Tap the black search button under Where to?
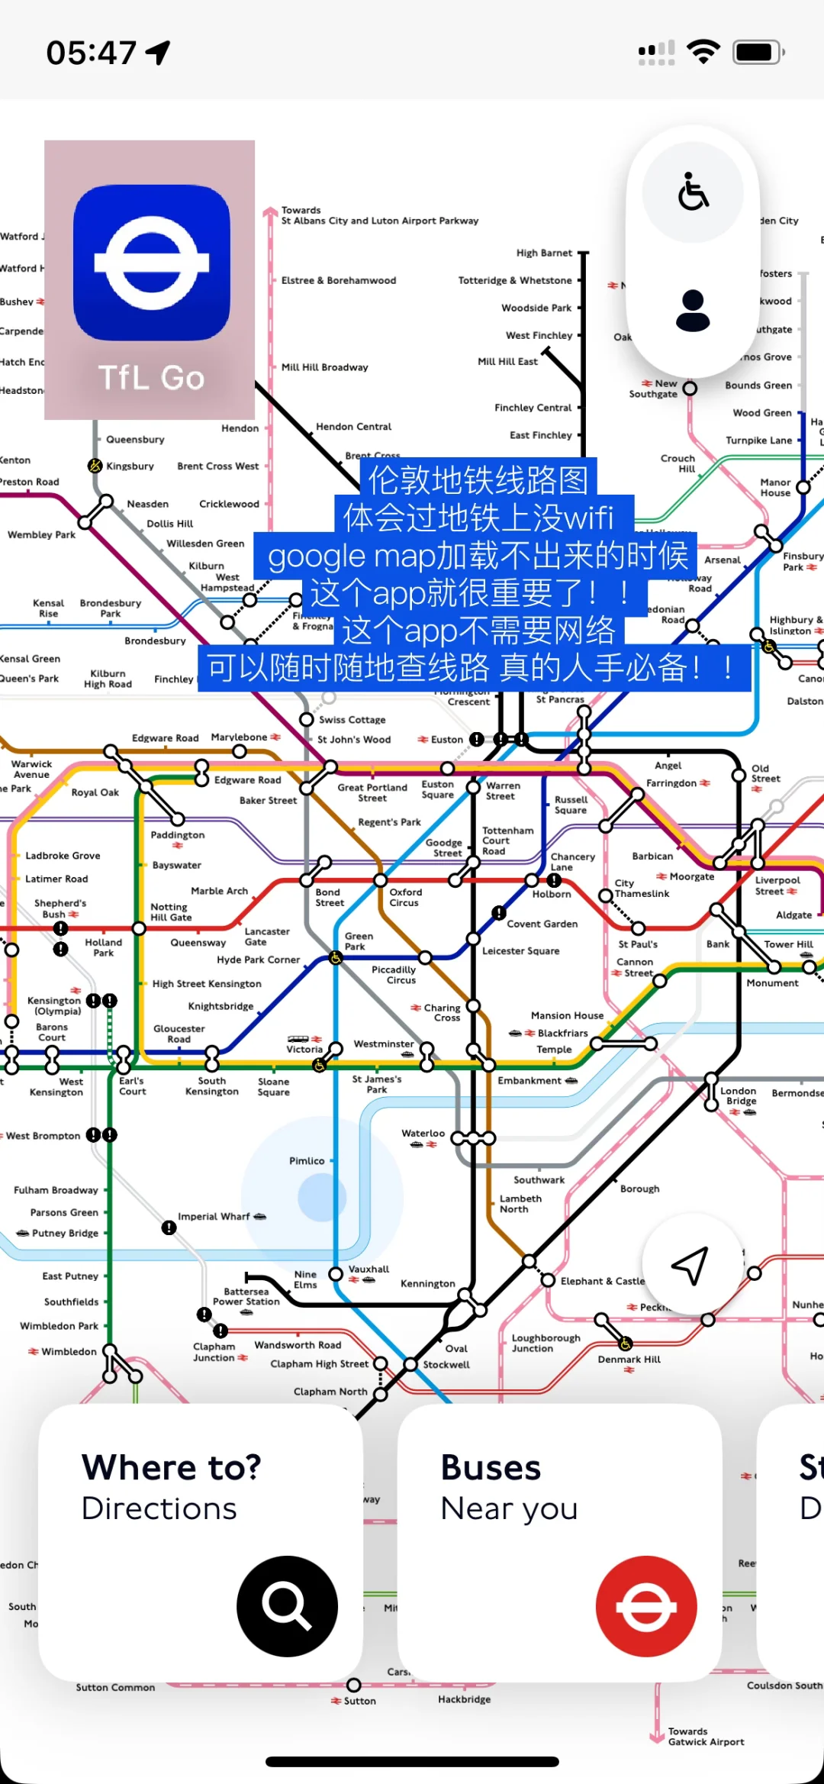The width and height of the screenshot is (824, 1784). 287,1605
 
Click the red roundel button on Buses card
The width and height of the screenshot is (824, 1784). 646,1605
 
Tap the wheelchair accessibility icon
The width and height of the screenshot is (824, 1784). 693,191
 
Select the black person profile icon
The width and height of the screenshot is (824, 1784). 693,311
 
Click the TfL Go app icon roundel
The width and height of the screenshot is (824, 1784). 151,263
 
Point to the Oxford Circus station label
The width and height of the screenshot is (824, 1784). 405,897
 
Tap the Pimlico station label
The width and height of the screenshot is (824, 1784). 307,1160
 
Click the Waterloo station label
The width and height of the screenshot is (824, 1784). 423,1133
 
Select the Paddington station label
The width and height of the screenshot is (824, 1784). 177,835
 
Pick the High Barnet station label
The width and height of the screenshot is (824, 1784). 544,253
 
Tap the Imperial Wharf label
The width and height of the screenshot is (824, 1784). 214,1216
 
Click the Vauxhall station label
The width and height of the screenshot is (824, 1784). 369,1269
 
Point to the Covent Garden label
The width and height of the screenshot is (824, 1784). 542,924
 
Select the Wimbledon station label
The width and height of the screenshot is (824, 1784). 69,1351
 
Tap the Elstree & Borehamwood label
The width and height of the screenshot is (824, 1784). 339,280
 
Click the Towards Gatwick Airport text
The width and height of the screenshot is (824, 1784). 706,1737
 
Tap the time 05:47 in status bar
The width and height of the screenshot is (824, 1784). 92,53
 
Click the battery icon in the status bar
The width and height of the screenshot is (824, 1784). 757,53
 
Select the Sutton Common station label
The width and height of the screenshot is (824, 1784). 115,1687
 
